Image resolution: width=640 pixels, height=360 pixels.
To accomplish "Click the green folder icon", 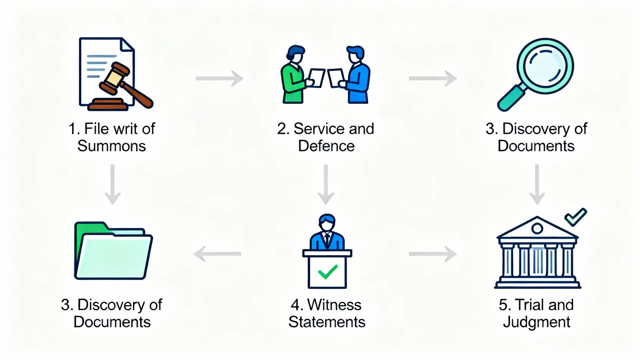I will [x=113, y=252].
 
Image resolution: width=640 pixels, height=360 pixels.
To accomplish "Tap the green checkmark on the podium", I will [x=328, y=272].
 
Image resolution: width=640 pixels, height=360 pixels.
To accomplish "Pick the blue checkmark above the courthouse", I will [x=575, y=217].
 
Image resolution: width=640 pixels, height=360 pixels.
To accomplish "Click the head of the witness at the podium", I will [x=327, y=222].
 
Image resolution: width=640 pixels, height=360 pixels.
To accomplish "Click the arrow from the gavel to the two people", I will [x=219, y=78].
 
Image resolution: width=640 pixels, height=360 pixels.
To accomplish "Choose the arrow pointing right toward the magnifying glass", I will [x=433, y=78].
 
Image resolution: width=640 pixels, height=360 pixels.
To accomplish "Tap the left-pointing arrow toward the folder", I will [x=217, y=254].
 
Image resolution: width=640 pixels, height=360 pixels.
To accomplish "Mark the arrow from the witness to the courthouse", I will [x=433, y=254].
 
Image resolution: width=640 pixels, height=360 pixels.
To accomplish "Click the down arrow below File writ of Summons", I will [x=113, y=184].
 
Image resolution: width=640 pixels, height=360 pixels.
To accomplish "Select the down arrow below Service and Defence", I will [x=326, y=184].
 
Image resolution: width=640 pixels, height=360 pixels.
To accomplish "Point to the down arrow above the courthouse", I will [x=537, y=184].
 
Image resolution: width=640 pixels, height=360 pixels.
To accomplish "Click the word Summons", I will [x=111, y=146].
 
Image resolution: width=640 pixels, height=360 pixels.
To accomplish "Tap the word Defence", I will [x=326, y=146].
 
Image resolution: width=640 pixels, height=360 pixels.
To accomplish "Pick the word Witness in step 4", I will [x=334, y=305].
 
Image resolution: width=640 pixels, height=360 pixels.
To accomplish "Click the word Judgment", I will [x=536, y=322].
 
